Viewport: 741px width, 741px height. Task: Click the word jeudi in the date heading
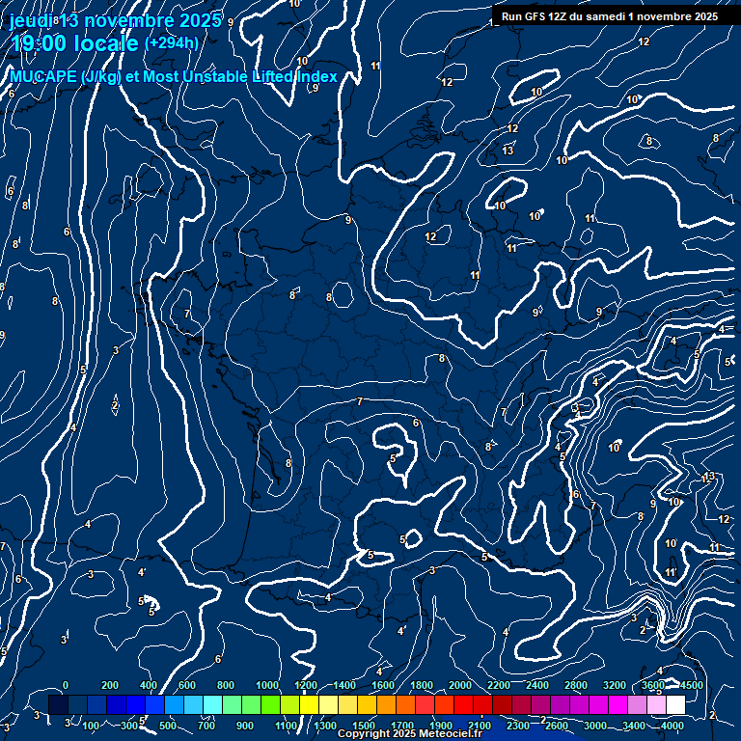(31, 20)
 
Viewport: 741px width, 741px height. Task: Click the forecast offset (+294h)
(171, 43)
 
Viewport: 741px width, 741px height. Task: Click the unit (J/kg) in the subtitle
(102, 77)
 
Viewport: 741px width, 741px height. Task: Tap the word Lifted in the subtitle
(273, 77)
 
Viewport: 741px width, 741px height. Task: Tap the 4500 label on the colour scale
(691, 685)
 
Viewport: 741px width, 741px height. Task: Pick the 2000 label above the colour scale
(459, 685)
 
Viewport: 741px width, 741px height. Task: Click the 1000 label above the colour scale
(267, 685)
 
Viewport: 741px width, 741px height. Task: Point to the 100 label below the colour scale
(92, 726)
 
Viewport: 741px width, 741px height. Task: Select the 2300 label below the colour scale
(517, 726)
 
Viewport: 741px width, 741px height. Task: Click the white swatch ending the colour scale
(675, 704)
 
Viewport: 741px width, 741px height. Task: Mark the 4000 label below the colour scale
(672, 726)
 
